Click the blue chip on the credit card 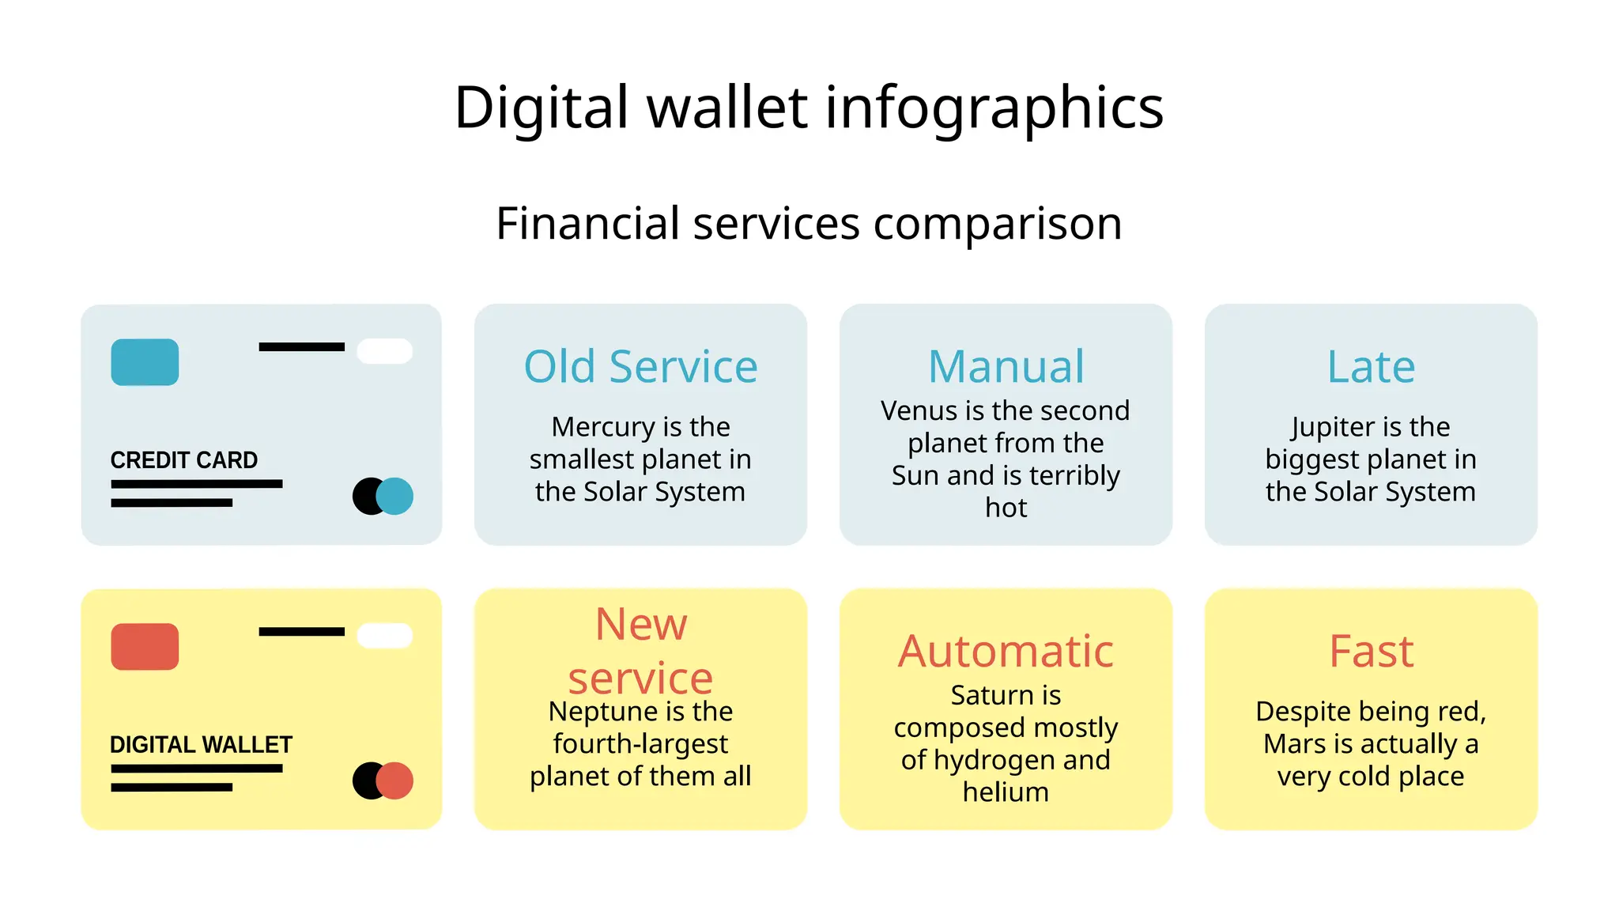(145, 362)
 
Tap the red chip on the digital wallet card (145, 647)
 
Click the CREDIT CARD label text (183, 460)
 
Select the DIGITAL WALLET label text (201, 745)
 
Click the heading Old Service (640, 367)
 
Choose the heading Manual (1006, 367)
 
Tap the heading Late (1371, 367)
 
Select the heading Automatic (1006, 652)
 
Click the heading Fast (1371, 652)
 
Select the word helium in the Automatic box (1006, 792)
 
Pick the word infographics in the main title (994, 108)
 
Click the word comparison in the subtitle (998, 224)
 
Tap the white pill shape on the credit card (385, 351)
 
